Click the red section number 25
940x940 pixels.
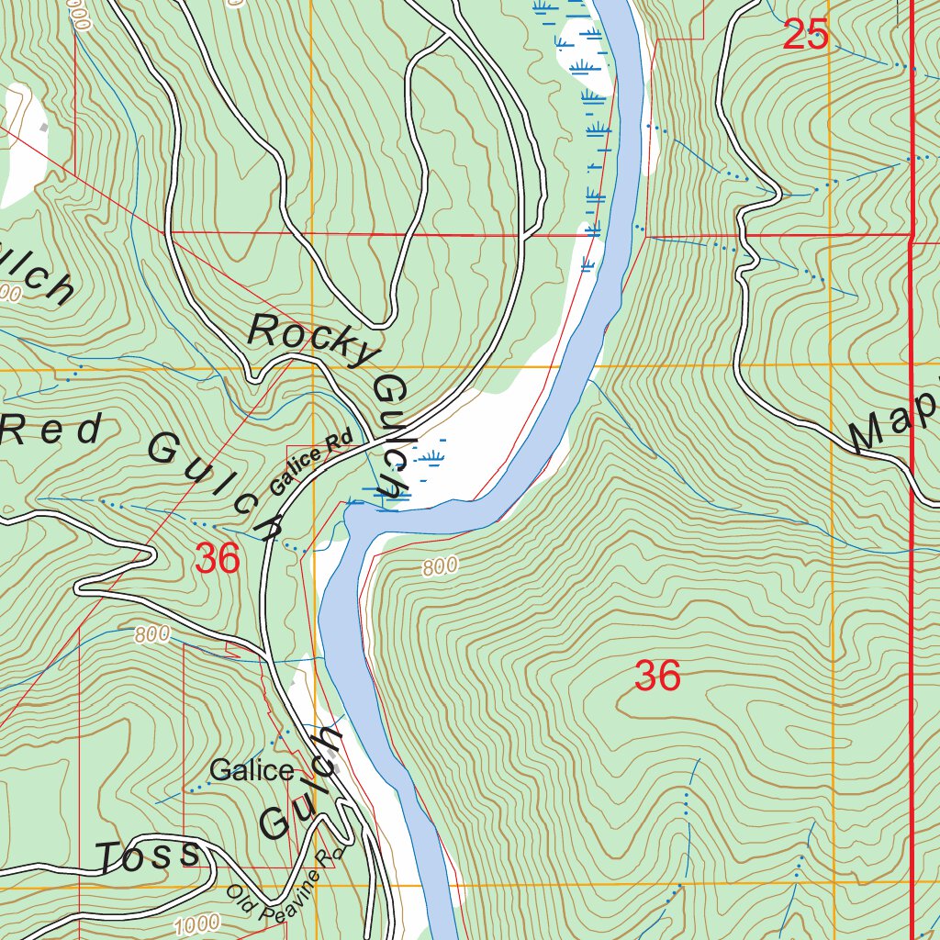806,36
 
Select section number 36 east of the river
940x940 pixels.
657,677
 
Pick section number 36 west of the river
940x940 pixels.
218,558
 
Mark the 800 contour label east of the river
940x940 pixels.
441,567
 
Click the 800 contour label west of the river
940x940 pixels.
152,634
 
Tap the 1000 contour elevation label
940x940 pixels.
196,922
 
